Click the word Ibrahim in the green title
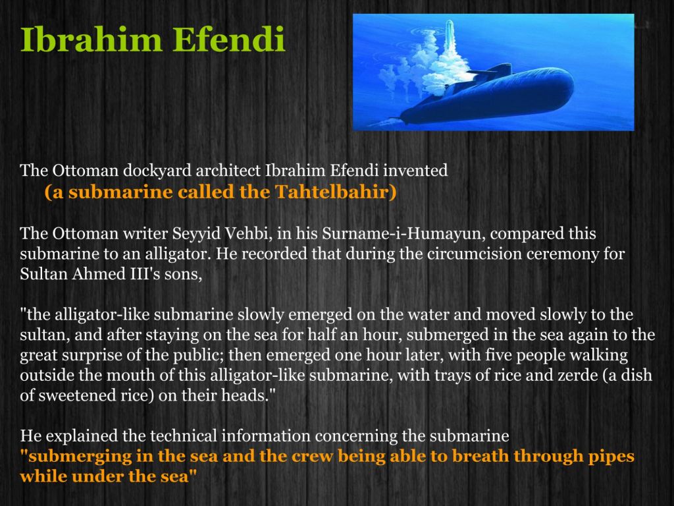point(91,39)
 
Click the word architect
point(228,171)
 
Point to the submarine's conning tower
point(494,71)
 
